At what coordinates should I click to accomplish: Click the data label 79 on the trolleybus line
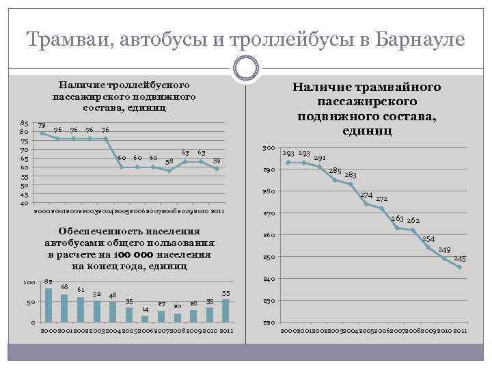click(42, 126)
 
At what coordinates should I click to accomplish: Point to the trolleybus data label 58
click(169, 161)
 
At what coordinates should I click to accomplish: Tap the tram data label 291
click(319, 158)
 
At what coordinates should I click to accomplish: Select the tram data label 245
click(460, 258)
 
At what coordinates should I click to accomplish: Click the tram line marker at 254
click(428, 247)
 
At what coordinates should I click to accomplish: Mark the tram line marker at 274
click(366, 204)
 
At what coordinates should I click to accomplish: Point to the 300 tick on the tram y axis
click(269, 148)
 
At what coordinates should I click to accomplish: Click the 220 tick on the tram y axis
click(269, 322)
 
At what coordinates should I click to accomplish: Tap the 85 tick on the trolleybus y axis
click(24, 123)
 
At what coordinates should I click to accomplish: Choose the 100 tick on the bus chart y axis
click(29, 283)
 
